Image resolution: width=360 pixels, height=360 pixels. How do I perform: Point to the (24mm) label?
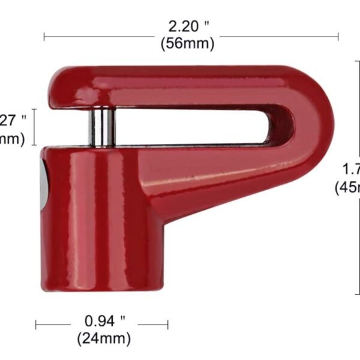(x=103, y=338)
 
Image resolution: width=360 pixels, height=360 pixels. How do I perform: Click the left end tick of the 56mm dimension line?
(x=44, y=37)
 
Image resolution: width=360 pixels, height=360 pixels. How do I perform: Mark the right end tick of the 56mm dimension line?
(x=338, y=37)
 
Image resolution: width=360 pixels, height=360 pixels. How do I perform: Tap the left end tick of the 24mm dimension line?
(x=36, y=325)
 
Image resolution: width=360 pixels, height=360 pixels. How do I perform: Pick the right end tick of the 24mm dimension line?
(x=168, y=325)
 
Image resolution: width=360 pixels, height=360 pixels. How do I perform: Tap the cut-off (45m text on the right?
(x=347, y=187)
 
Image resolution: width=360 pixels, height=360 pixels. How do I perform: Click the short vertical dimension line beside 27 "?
(x=35, y=127)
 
